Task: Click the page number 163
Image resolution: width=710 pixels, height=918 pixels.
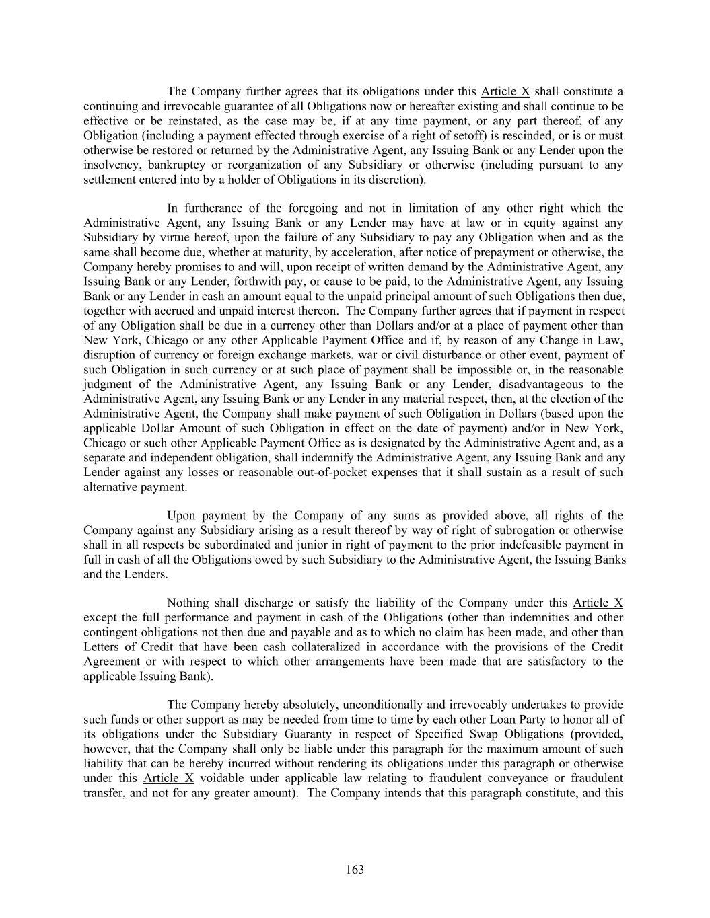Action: (355, 870)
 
